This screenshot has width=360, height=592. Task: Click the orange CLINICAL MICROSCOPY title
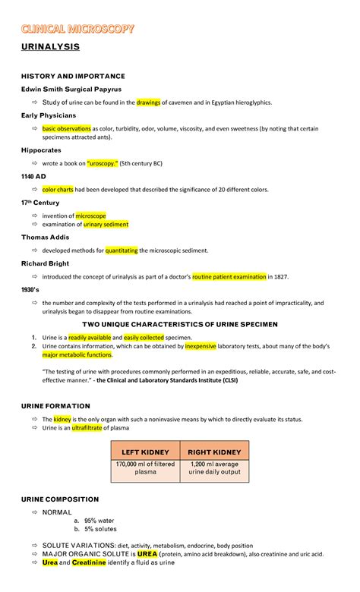click(78, 29)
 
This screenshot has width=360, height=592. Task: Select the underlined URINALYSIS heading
click(50, 48)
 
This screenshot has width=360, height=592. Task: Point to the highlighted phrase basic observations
click(66, 128)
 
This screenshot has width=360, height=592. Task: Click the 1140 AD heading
click(35, 176)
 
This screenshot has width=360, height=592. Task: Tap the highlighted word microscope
click(90, 216)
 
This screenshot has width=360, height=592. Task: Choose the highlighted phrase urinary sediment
click(106, 225)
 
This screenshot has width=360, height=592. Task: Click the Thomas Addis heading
click(46, 237)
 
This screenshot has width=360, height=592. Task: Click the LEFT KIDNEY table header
click(144, 452)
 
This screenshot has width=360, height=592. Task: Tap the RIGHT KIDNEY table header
click(215, 452)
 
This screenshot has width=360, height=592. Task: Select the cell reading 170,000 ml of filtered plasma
click(144, 468)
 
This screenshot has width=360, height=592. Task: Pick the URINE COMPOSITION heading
click(60, 499)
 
